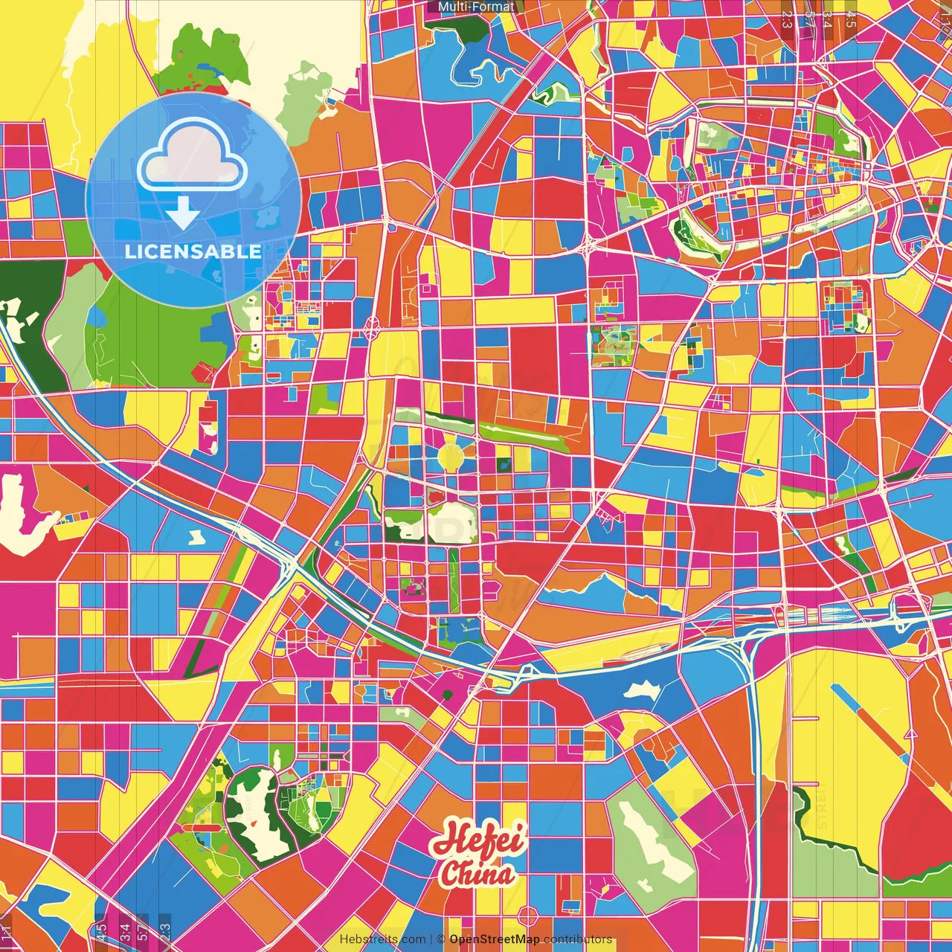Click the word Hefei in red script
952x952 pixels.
(480, 840)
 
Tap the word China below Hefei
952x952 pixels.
(477, 873)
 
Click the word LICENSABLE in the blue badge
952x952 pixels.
(193, 251)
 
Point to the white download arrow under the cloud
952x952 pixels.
(182, 214)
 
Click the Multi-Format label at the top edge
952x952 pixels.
(476, 7)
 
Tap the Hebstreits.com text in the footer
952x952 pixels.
(382, 939)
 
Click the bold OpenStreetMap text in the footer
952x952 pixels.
(495, 939)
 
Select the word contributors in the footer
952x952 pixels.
(578, 939)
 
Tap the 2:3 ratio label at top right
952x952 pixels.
(787, 19)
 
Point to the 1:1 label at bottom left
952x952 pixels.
(6, 933)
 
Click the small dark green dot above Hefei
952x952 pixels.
(447, 695)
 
